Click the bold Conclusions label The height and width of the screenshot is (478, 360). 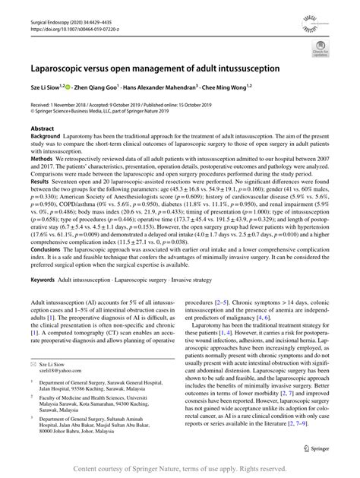tap(50, 251)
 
